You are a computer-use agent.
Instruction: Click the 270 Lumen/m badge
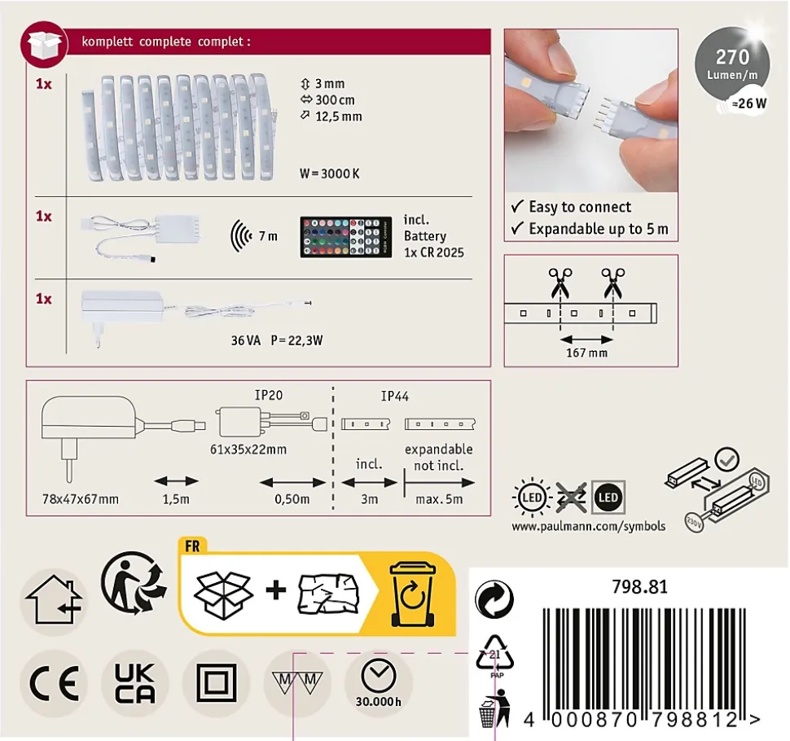point(732,64)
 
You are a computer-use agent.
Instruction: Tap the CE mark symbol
point(54,683)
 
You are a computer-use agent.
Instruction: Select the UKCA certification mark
point(134,683)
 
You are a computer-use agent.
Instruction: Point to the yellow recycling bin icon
point(412,595)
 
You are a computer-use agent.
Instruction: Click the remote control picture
point(345,237)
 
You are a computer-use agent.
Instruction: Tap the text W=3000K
point(330,173)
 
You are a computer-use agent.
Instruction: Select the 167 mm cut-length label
point(586,353)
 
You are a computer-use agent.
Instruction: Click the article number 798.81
point(639,587)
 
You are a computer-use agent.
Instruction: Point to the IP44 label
point(394,397)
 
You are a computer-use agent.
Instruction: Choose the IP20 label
point(269,395)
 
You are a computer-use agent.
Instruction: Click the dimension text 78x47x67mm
point(81,499)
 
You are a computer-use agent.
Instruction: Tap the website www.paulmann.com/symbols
point(589,526)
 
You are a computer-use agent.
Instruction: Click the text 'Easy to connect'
point(580,207)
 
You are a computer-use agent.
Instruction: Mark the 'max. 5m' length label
point(439,500)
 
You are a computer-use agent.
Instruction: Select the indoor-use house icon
point(54,601)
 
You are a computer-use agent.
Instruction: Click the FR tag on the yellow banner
point(192,546)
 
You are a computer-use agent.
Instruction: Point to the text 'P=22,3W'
point(296,340)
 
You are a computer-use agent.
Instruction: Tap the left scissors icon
point(560,283)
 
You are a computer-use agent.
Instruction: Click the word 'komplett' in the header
point(107,42)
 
